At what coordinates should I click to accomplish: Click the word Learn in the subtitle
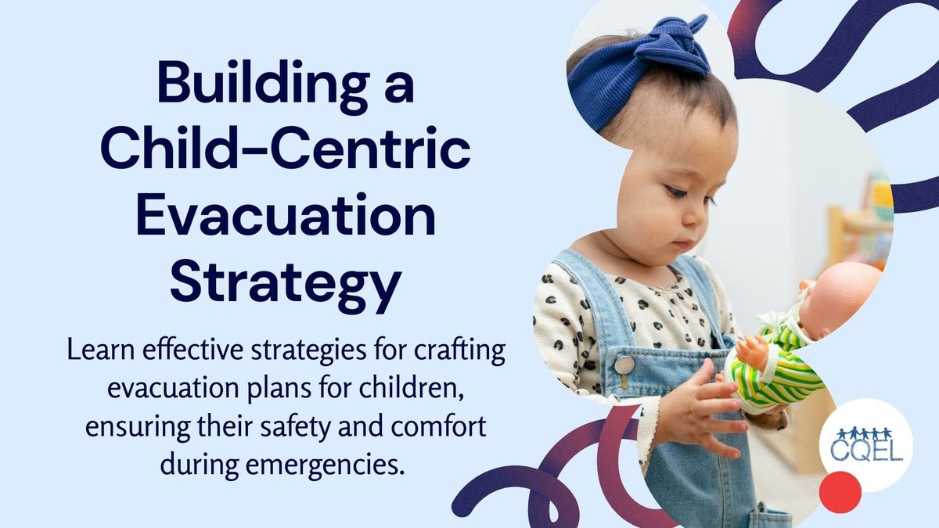pos(98,350)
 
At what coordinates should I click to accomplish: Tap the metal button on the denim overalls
pos(623,365)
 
